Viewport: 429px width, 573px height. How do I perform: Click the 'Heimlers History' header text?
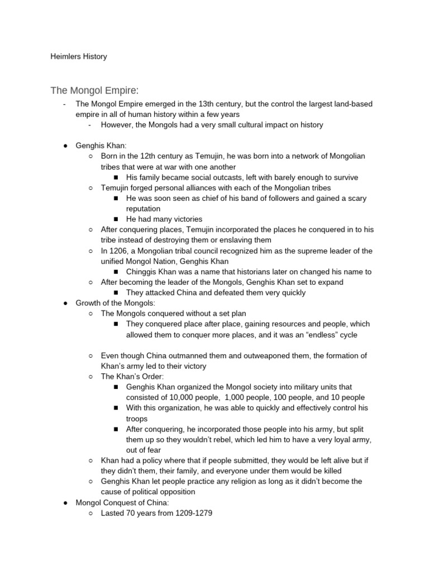click(x=78, y=57)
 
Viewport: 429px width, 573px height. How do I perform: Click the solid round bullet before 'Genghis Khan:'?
click(x=65, y=146)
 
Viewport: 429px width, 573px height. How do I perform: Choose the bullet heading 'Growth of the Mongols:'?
click(x=118, y=303)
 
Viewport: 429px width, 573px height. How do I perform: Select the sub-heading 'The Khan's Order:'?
click(x=132, y=377)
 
